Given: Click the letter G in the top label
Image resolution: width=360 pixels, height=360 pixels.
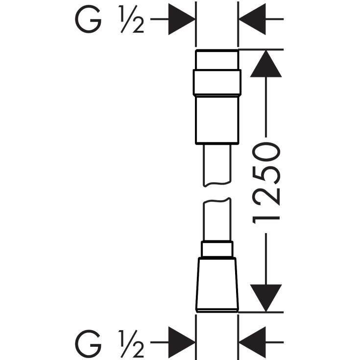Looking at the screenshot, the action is point(88,19).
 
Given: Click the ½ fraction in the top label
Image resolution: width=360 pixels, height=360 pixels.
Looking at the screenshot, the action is point(131,19).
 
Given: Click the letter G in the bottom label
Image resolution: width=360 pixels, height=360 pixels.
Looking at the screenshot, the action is point(88,344).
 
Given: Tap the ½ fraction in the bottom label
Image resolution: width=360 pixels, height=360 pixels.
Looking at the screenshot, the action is point(131,344).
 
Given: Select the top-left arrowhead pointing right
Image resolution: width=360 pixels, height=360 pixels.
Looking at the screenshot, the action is point(182,19).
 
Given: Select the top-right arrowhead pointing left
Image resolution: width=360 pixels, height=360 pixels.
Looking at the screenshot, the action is point(252,19).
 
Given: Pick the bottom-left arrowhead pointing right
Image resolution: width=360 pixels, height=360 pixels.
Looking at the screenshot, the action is point(182,342).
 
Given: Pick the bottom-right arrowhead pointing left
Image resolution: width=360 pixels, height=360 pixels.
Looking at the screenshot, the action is point(252,342).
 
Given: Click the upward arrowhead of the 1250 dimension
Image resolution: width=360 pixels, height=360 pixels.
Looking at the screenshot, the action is point(266,64).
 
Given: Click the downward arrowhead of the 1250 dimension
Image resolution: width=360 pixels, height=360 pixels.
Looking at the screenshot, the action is point(266,298).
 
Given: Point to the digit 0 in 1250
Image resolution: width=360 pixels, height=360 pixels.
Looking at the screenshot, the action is point(266,152).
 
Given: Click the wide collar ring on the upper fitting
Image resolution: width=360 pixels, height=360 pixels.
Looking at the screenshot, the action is point(217,82).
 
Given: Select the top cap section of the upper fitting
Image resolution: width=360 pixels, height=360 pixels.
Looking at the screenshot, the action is point(217,59).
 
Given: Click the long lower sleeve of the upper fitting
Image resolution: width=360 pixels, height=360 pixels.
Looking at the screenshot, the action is point(217,120).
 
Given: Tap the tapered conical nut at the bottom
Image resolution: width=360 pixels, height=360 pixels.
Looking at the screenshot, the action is point(217,285).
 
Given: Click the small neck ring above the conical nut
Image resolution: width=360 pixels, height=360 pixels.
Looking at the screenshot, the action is point(217,249).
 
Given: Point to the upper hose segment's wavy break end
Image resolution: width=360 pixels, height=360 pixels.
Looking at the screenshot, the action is point(217,184).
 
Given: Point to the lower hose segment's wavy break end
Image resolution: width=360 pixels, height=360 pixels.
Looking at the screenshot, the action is point(217,201).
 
